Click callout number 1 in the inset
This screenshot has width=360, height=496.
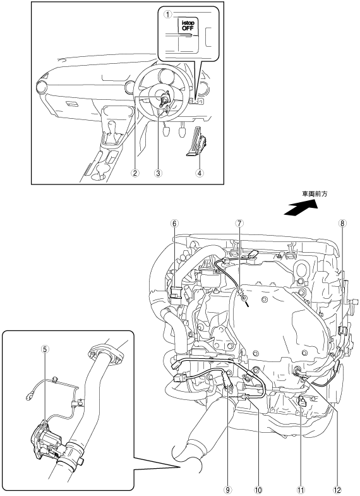pyautogui.click(x=167, y=14)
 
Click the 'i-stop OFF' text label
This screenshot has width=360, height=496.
pyautogui.click(x=188, y=25)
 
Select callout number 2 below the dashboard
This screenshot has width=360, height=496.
pyautogui.click(x=135, y=173)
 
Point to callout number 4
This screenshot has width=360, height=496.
pyautogui.click(x=200, y=173)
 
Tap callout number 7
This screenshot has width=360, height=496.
pyautogui.click(x=239, y=223)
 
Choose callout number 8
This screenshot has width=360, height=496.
pyautogui.click(x=342, y=223)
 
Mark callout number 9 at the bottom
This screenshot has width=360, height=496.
pyautogui.click(x=227, y=490)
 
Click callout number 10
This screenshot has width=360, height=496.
pyautogui.click(x=258, y=490)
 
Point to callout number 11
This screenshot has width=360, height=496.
pyautogui.click(x=301, y=490)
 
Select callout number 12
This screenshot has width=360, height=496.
pyautogui.click(x=337, y=490)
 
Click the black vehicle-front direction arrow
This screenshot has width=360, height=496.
pyautogui.click(x=301, y=209)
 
